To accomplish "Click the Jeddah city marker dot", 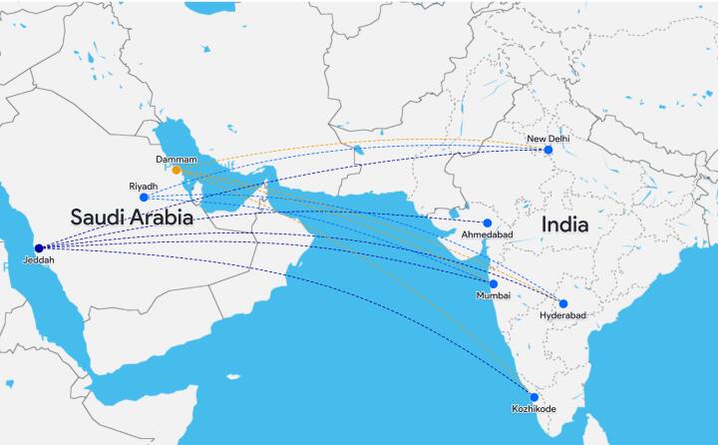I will point(39,248).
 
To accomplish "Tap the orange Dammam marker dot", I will point(177,170).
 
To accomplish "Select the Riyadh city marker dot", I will point(144,198).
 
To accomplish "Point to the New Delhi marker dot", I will point(547,150).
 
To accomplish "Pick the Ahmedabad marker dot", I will point(488,222).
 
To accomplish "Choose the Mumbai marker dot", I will point(493,284).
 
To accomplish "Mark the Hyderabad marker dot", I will point(562,303).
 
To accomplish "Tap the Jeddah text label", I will point(38,261).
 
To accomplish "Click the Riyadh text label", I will point(144,186).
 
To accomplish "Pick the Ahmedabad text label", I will point(487,234).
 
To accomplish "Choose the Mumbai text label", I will point(494,296).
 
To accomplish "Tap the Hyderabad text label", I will point(562,315).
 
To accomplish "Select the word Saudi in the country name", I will point(102,217).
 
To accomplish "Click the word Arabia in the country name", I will point(166,217).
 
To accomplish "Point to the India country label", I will point(564,225).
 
